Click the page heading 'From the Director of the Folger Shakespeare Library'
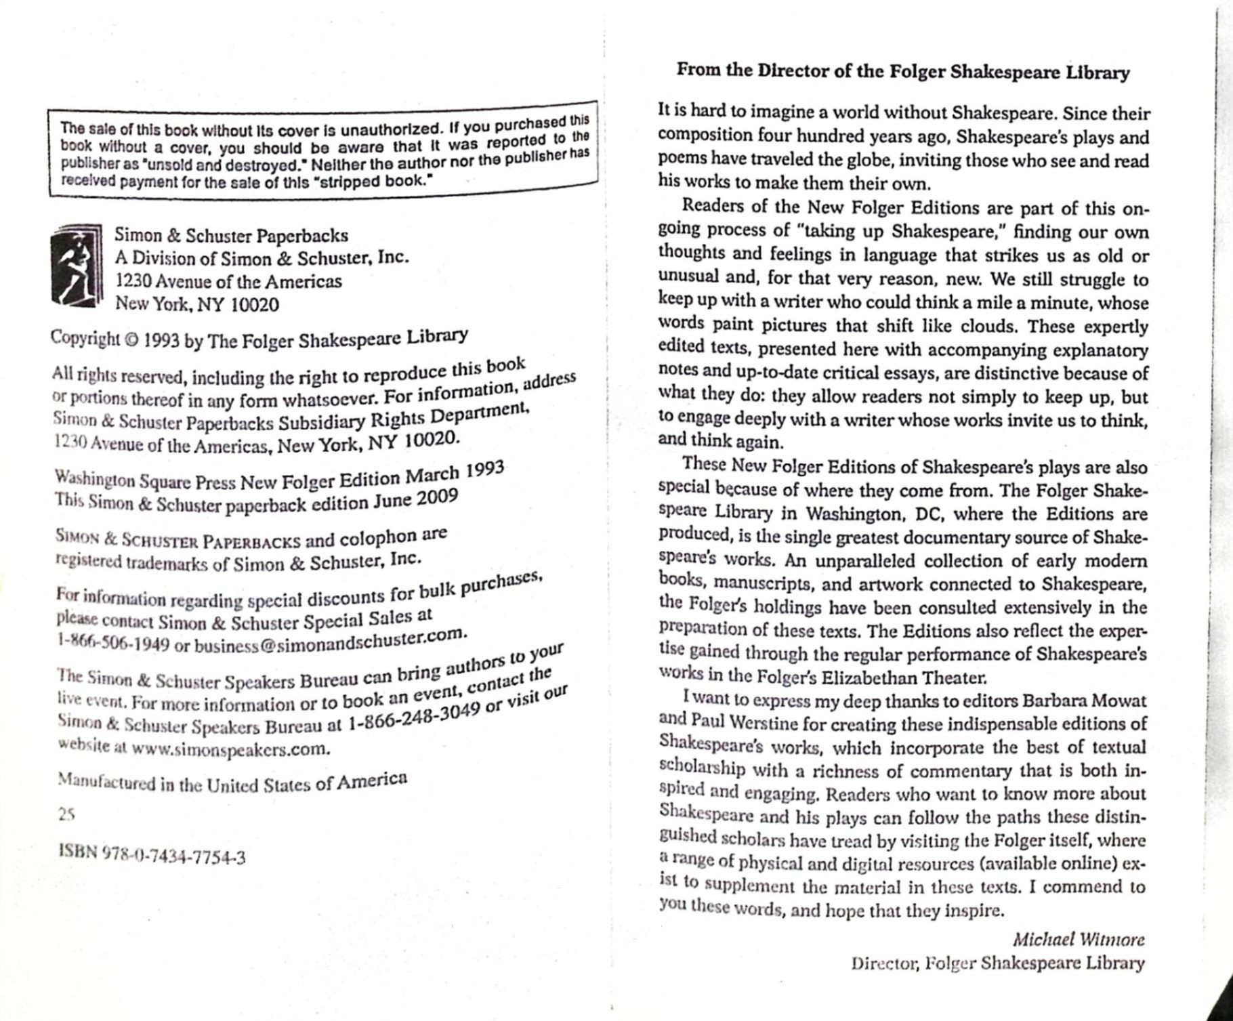coord(903,72)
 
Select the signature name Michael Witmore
coord(1078,940)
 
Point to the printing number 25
coord(66,816)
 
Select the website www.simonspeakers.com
coord(230,749)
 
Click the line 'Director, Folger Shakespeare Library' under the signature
coord(997,963)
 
